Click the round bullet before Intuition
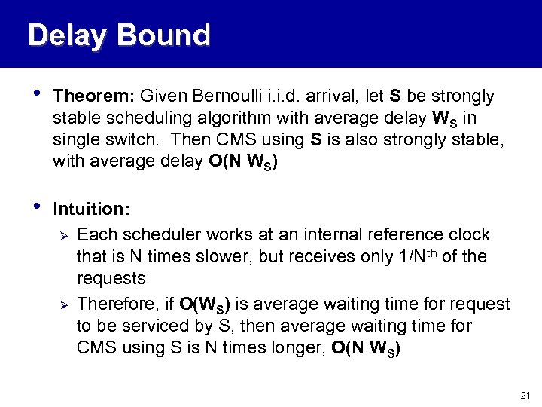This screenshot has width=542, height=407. tap(32, 207)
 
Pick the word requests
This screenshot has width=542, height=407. tap(111, 279)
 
